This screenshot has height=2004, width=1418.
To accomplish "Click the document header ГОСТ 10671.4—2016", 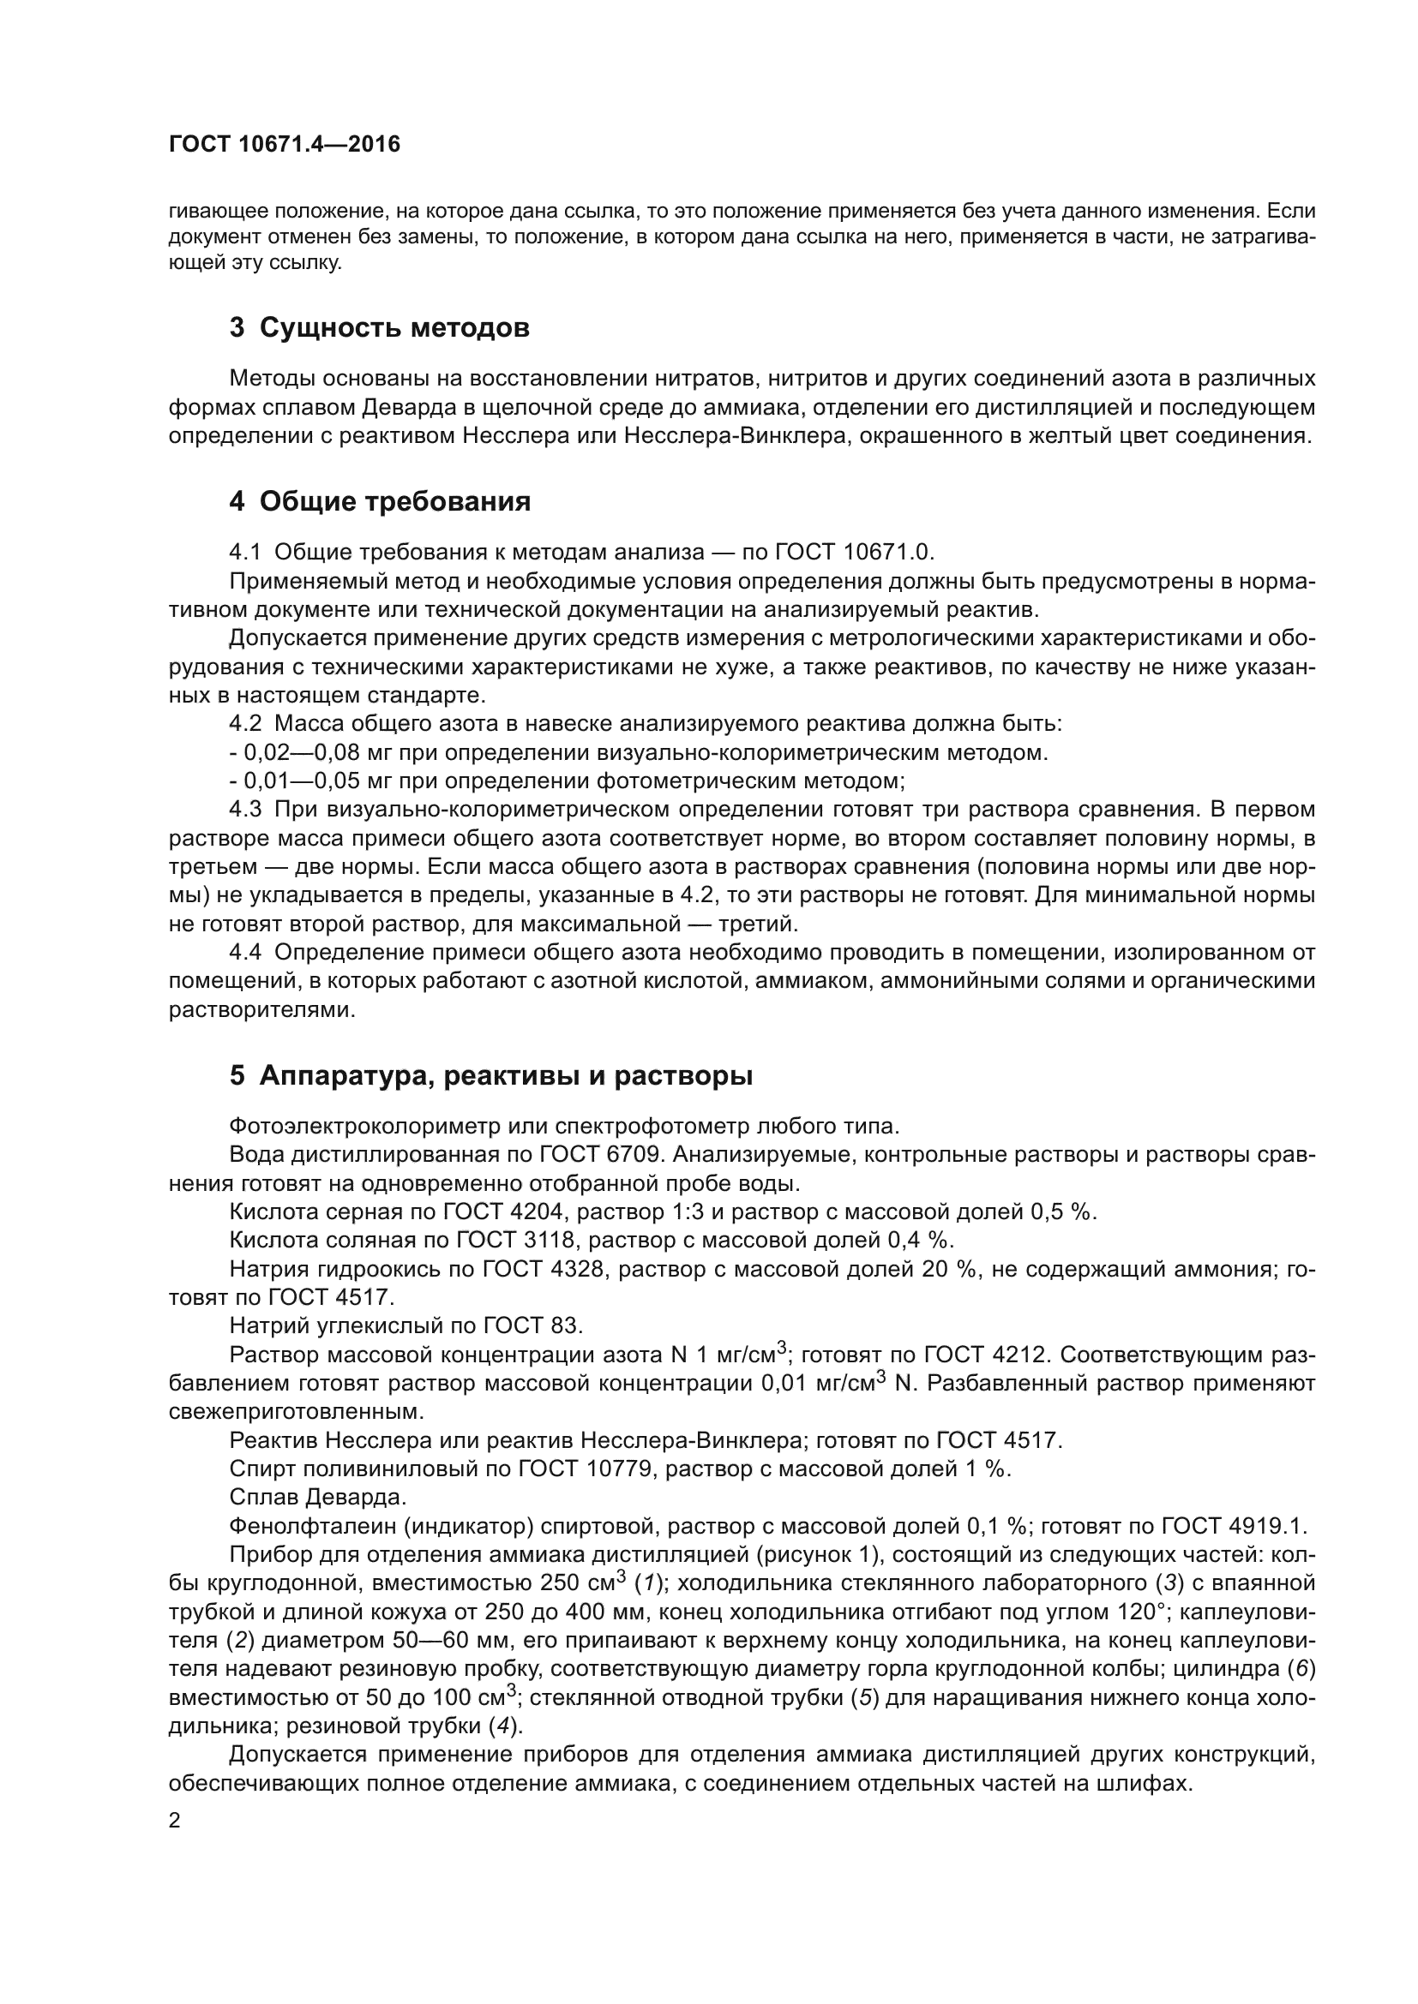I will (x=284, y=145).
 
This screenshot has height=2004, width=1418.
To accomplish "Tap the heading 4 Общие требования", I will (x=380, y=501).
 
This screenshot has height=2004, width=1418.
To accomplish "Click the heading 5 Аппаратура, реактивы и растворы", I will (x=490, y=1076).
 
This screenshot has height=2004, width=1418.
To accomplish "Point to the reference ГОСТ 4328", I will (x=541, y=1269).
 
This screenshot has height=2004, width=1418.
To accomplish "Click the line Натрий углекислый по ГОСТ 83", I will (x=406, y=1325).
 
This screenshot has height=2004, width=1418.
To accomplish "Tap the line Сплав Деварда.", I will (x=318, y=1498).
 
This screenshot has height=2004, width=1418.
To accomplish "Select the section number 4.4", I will (x=245, y=952).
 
